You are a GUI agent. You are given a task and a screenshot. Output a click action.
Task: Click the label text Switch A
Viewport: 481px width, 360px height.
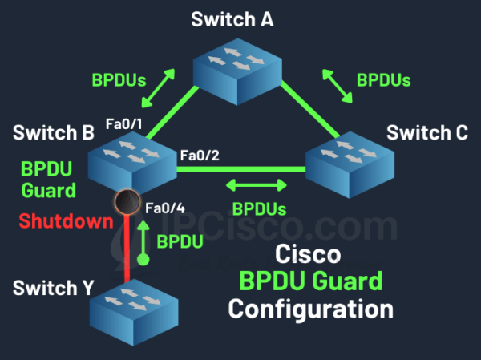point(232,19)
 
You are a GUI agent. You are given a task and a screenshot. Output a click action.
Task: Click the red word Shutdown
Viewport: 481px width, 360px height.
point(54,221)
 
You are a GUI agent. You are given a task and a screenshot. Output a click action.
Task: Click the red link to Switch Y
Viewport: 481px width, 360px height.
point(127,249)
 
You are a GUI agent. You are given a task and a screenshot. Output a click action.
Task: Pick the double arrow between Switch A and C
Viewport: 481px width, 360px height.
point(338,84)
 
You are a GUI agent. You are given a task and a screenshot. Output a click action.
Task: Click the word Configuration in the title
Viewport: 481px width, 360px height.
point(310,307)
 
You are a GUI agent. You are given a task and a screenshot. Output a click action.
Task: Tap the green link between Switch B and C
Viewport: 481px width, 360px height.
point(240,168)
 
